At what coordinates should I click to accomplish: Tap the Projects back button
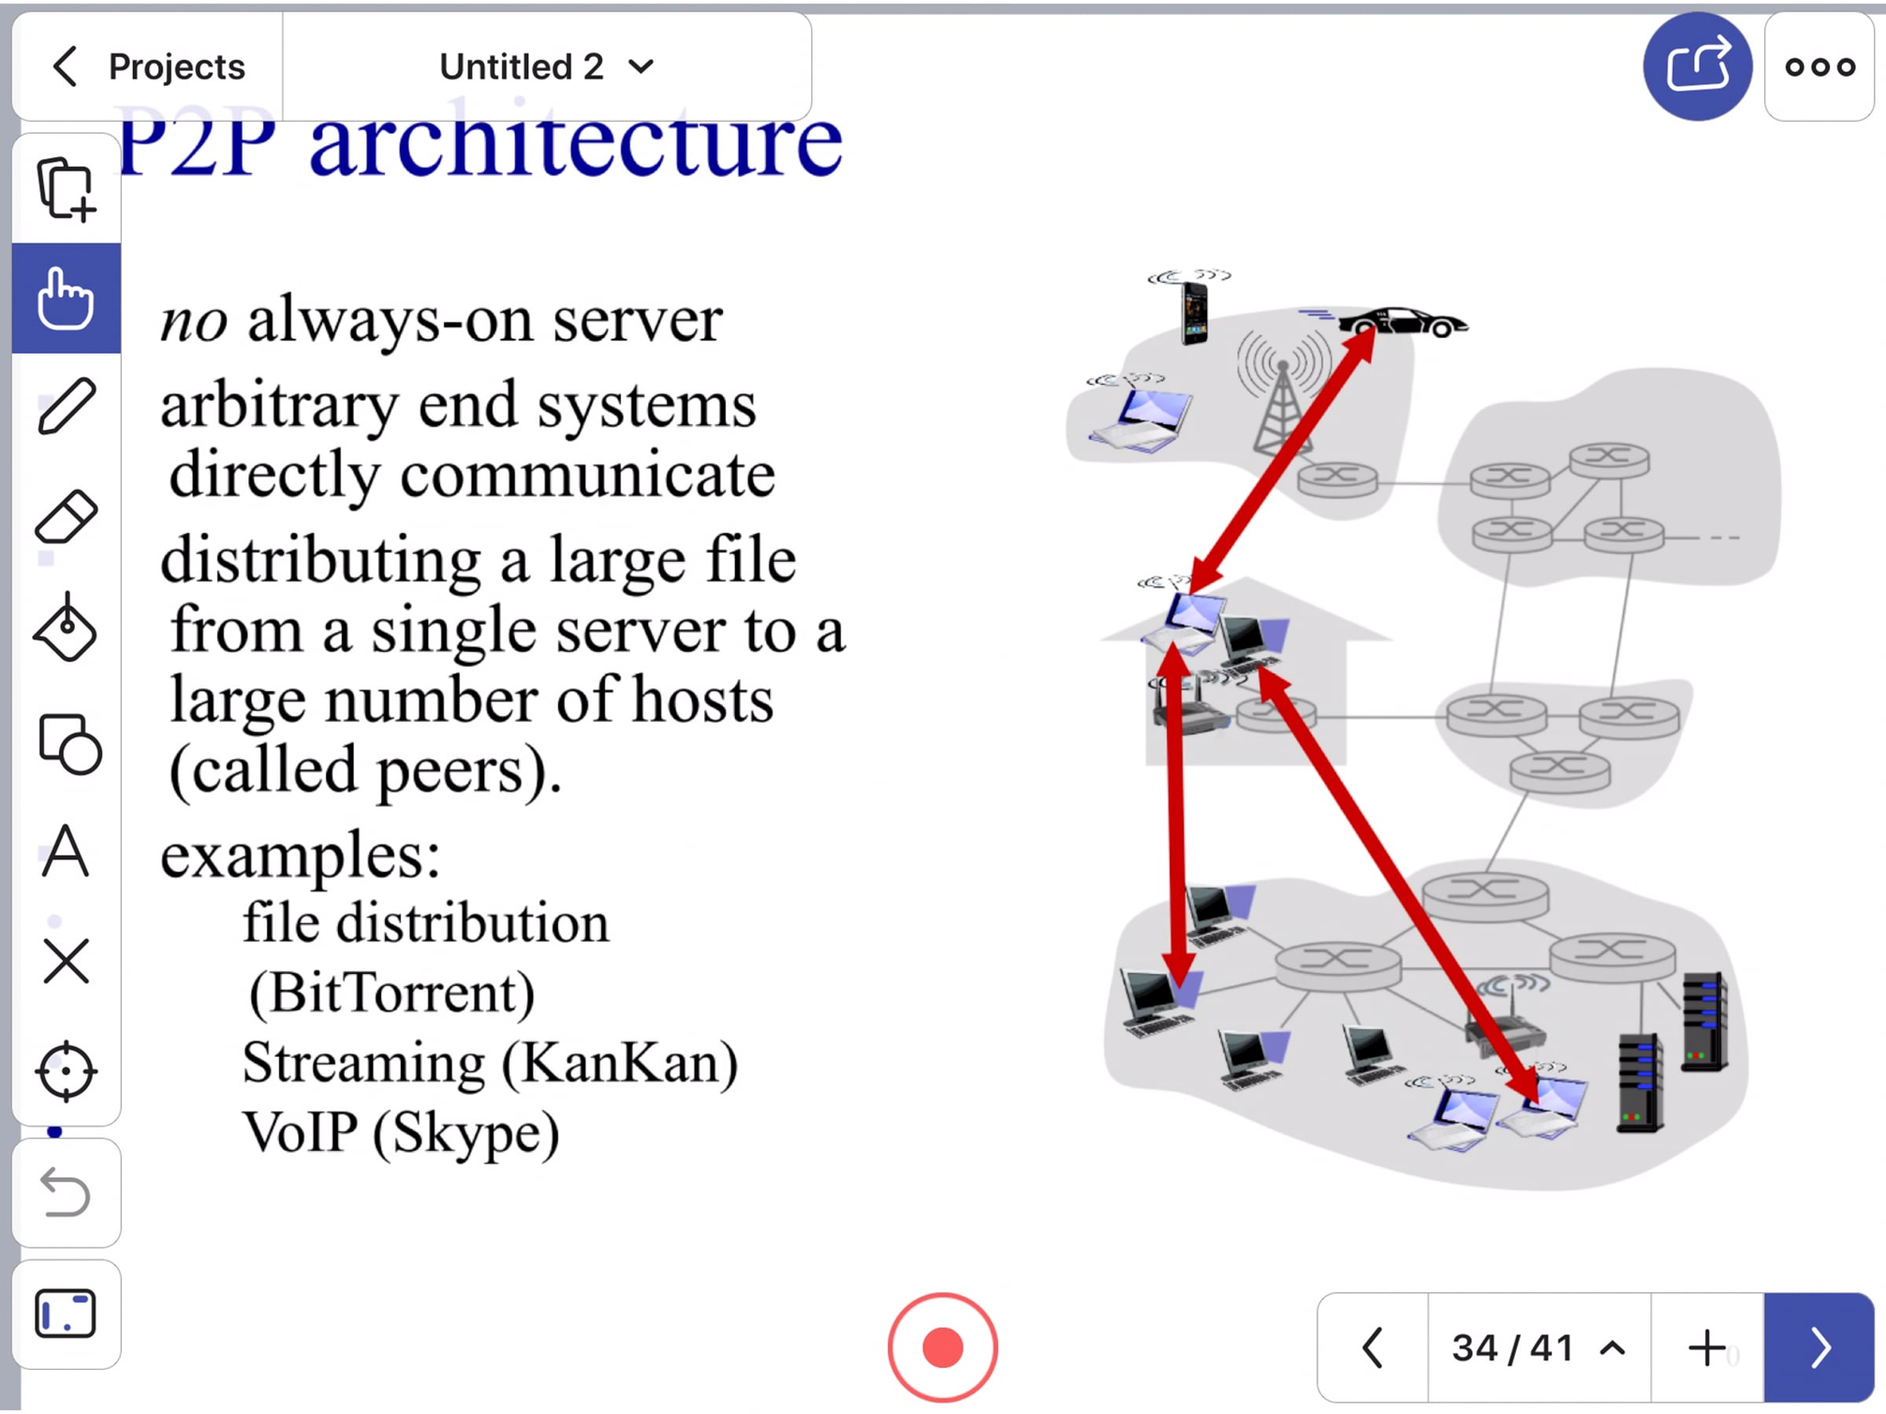click(x=149, y=67)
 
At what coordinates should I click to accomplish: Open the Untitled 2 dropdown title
click(x=545, y=67)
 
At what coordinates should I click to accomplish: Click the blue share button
click(x=1697, y=67)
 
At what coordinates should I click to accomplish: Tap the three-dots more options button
click(x=1819, y=67)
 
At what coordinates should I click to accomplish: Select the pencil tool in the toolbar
click(x=66, y=408)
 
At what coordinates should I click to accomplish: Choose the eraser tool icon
click(x=66, y=517)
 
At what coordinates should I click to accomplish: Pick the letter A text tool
click(x=66, y=852)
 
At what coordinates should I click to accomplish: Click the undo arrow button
click(x=66, y=1192)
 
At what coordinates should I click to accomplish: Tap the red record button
click(x=942, y=1347)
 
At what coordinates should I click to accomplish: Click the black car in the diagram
click(x=1403, y=322)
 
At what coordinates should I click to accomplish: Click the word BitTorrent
click(x=392, y=994)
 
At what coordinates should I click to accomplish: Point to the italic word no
click(x=193, y=321)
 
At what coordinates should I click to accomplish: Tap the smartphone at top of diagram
click(x=1194, y=312)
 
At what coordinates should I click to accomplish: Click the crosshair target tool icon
click(x=66, y=1071)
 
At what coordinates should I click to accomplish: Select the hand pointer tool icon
click(x=66, y=298)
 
